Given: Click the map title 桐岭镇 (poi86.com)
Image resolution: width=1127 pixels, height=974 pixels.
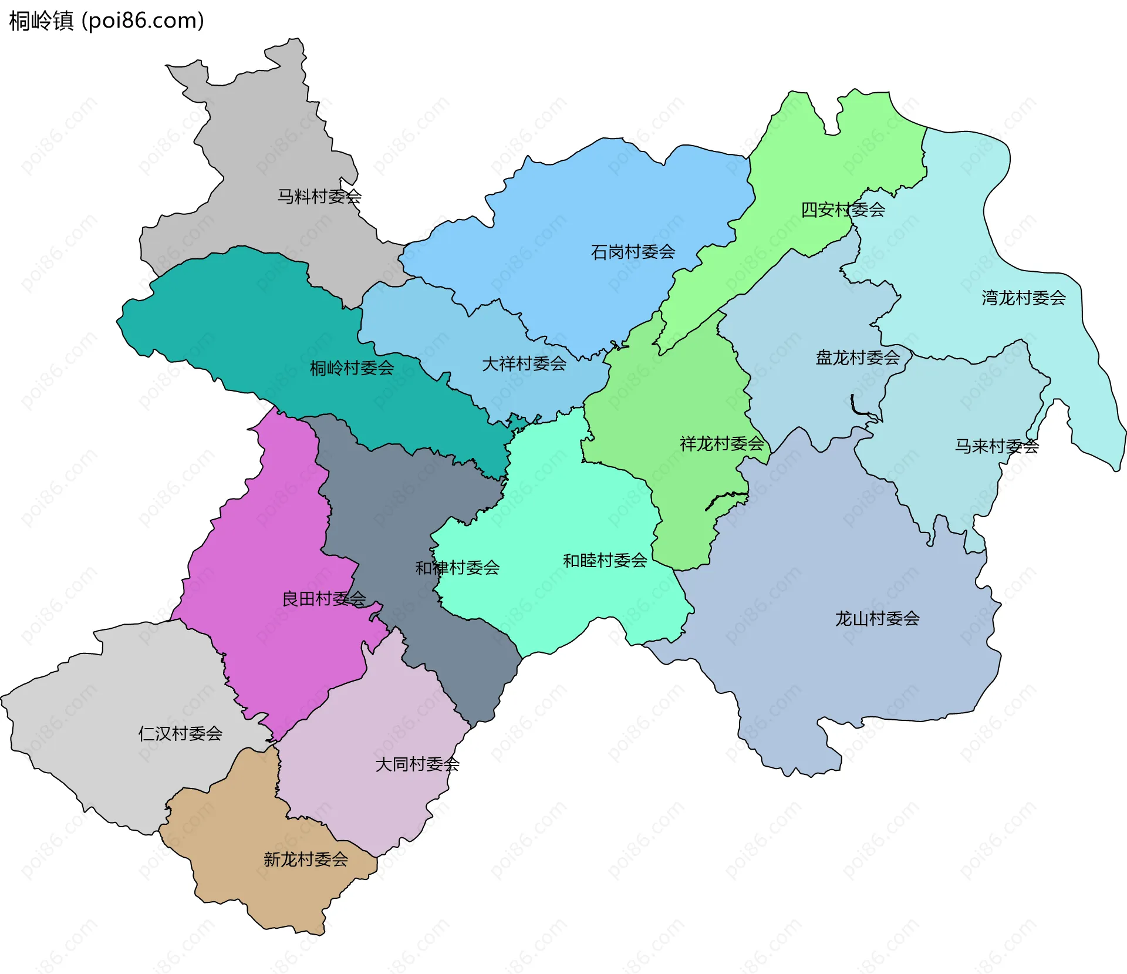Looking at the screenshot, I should pyautogui.click(x=106, y=21).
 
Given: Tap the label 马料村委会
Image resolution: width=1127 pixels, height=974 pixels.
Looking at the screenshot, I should pyautogui.click(x=319, y=196).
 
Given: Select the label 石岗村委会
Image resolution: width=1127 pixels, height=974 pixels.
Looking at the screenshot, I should pyautogui.click(x=633, y=252).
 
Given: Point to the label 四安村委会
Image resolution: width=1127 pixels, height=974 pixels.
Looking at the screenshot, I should pyautogui.click(x=843, y=210).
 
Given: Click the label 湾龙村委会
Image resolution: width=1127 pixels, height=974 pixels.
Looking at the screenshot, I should pyautogui.click(x=1024, y=298).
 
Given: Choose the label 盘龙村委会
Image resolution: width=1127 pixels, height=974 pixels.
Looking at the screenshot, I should pyautogui.click(x=858, y=358).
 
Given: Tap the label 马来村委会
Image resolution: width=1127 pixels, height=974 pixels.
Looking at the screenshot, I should pyautogui.click(x=997, y=446).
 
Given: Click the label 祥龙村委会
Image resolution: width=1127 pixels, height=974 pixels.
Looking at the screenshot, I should pyautogui.click(x=722, y=443).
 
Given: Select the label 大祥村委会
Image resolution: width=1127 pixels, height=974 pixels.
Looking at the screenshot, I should pyautogui.click(x=524, y=364).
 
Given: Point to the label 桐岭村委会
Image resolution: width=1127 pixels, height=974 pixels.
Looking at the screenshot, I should pyautogui.click(x=352, y=368).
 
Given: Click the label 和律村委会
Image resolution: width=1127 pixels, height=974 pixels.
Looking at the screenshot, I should pyautogui.click(x=457, y=568).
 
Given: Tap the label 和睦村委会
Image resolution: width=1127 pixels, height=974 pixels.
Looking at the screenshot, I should pyautogui.click(x=605, y=561).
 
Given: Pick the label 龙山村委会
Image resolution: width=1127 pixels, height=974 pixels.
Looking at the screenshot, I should pyautogui.click(x=877, y=618).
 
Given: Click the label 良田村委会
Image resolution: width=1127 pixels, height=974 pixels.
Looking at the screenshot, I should pyautogui.click(x=324, y=599).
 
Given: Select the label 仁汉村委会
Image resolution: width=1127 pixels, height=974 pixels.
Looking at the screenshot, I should pyautogui.click(x=180, y=733).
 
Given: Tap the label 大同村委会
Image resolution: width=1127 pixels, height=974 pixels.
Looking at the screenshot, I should pyautogui.click(x=417, y=764).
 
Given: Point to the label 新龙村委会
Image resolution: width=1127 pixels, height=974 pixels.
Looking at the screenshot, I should pyautogui.click(x=306, y=860).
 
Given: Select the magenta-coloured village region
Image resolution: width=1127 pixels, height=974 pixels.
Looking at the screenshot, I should pyautogui.click(x=276, y=528).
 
